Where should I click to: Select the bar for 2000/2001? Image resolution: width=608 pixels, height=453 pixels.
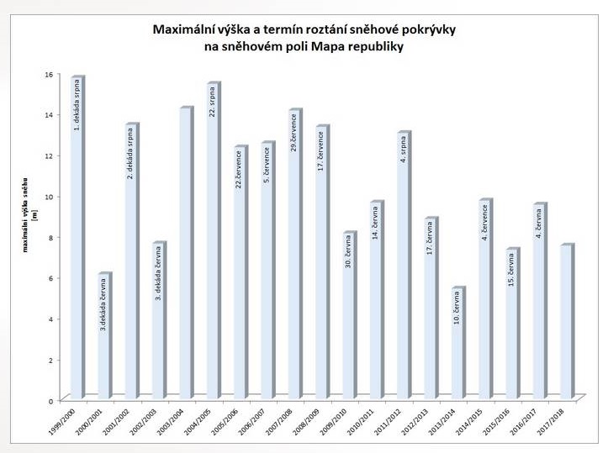tap(103, 336)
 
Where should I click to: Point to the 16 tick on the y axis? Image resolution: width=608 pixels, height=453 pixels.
tap(50, 74)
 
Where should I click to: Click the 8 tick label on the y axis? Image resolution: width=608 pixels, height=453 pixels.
tap(50, 237)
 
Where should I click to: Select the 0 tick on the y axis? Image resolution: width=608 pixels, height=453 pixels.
tap(50, 400)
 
